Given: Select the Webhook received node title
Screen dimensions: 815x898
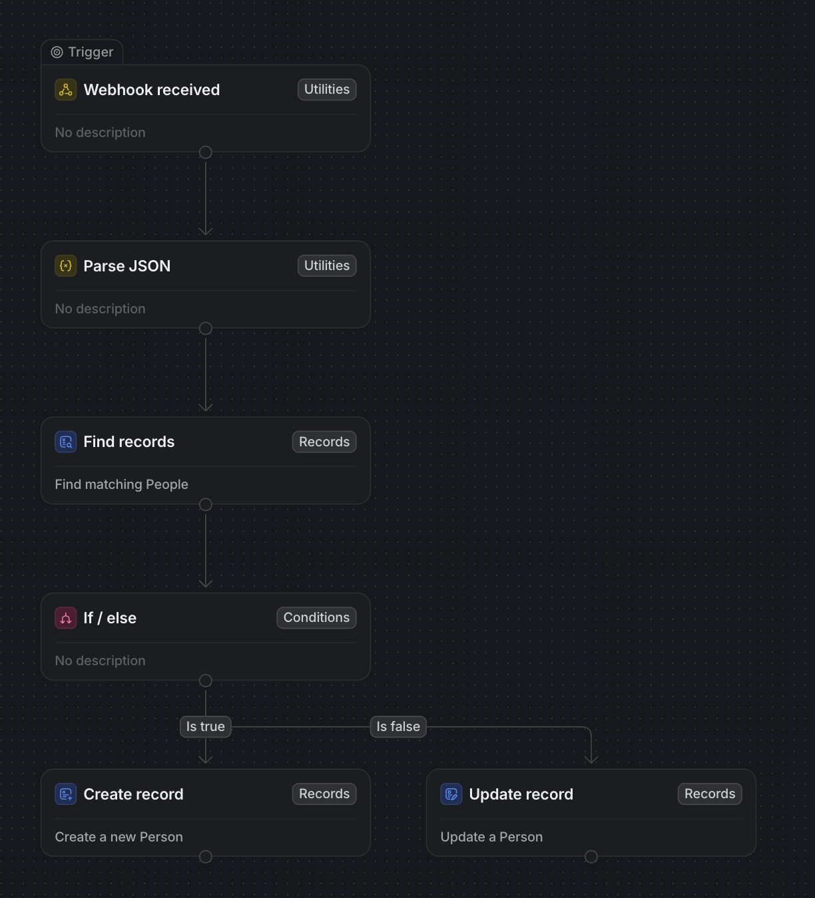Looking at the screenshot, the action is [152, 90].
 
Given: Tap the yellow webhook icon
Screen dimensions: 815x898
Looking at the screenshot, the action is [65, 90].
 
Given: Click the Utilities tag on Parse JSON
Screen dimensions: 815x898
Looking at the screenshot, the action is [327, 265].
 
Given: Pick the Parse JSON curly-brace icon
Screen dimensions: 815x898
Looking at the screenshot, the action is [65, 266].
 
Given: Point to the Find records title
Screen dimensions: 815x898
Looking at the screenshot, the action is [129, 442].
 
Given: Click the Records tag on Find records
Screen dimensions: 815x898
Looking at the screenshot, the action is [324, 442].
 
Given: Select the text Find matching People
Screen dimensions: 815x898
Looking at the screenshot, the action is [121, 484].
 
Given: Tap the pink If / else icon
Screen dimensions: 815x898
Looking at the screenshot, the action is [65, 618].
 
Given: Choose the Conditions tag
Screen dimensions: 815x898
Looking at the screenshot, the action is [316, 618].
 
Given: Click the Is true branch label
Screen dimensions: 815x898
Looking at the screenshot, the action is [205, 726].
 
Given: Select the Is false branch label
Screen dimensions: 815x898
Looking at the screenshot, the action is [398, 726].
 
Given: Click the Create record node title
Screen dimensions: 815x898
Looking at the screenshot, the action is [134, 794].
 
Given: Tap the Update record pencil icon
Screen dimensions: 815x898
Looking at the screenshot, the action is [451, 794].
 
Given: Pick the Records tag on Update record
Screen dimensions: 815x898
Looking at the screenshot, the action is [710, 794].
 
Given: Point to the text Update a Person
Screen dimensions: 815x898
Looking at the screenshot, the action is [491, 837].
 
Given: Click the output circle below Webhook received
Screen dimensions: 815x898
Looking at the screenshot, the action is [205, 152].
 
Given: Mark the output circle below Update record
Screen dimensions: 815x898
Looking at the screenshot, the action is [591, 856].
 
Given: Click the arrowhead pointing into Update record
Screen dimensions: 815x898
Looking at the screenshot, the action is [591, 760].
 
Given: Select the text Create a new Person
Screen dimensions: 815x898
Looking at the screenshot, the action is [119, 837].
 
